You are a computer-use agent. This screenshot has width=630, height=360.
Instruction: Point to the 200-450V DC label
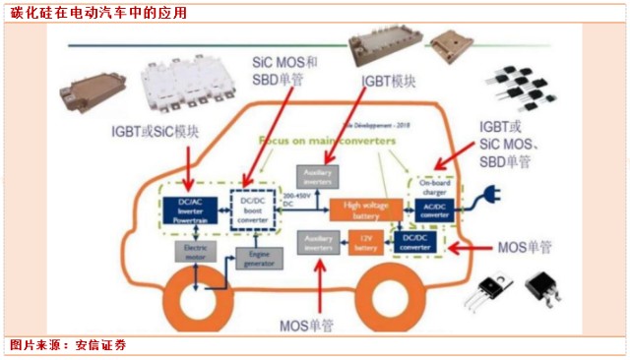295,200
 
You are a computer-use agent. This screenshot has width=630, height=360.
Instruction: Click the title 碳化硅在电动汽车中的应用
95,13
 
